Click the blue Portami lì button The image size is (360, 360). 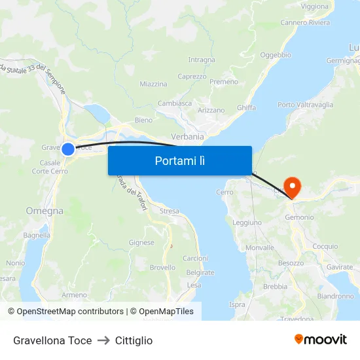pyautogui.click(x=179, y=160)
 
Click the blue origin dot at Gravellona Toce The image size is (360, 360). pyautogui.click(x=67, y=149)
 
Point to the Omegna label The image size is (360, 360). pyautogui.click(x=45, y=211)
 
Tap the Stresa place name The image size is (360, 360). pyautogui.click(x=169, y=211)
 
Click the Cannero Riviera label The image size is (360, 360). pyautogui.click(x=305, y=23)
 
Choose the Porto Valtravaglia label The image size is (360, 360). pyautogui.click(x=305, y=105)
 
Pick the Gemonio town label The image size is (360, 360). pyautogui.click(x=300, y=217)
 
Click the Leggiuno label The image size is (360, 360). pyautogui.click(x=247, y=223)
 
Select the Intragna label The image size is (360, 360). pyautogui.click(x=201, y=60)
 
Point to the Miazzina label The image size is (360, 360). pyautogui.click(x=153, y=84)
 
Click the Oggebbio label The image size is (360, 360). pyautogui.click(x=276, y=55)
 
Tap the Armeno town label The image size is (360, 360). pyautogui.click(x=75, y=295)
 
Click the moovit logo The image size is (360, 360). pyautogui.click(x=321, y=339)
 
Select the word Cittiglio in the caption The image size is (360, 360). pyautogui.click(x=134, y=340)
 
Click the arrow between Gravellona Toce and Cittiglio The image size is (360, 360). pyautogui.click(x=103, y=340)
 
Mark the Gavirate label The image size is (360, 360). pyautogui.click(x=339, y=268)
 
